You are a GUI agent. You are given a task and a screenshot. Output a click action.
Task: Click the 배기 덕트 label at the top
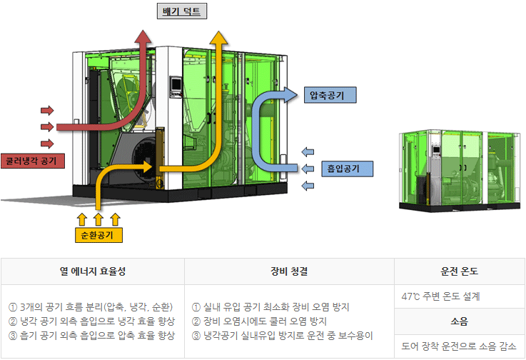182,11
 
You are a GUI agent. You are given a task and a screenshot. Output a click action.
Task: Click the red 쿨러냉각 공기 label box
33,160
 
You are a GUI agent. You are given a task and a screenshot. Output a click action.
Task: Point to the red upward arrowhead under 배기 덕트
143,40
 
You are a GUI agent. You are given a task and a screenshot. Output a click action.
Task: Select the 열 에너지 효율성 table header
93,271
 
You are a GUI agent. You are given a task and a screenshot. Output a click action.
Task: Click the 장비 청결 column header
289,271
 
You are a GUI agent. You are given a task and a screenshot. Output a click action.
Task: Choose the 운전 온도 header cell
460,271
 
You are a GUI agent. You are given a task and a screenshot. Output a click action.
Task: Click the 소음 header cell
460,321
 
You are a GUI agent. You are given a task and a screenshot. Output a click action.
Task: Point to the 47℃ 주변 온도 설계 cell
441,296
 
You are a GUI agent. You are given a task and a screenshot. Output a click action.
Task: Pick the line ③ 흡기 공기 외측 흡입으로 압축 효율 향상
91,335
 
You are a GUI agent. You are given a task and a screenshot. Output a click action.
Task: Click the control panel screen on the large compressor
176,86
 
